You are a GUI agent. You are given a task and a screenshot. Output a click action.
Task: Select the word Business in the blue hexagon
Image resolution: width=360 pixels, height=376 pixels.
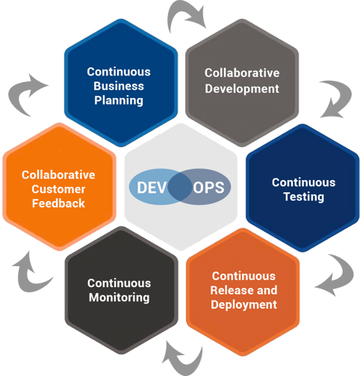118,85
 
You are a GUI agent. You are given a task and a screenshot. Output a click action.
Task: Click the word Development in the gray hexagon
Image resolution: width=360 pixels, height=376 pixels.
242,87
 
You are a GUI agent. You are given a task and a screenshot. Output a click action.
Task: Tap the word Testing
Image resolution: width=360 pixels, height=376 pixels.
303,197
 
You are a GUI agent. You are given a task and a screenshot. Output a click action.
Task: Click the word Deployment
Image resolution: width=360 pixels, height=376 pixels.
243,304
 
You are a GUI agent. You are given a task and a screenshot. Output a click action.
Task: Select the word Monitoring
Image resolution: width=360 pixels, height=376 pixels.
118,297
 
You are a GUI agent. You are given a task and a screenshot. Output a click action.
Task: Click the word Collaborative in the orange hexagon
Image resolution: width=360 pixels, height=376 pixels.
58,175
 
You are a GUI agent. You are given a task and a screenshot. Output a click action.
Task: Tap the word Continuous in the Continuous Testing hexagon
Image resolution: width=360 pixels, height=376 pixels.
303,182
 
